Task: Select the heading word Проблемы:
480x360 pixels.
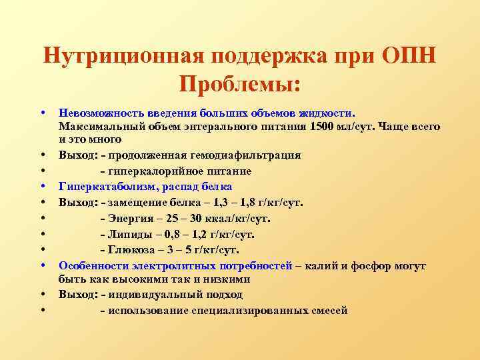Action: (x=240, y=84)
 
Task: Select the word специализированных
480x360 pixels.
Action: (x=247, y=310)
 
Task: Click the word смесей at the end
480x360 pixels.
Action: (x=329, y=310)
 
